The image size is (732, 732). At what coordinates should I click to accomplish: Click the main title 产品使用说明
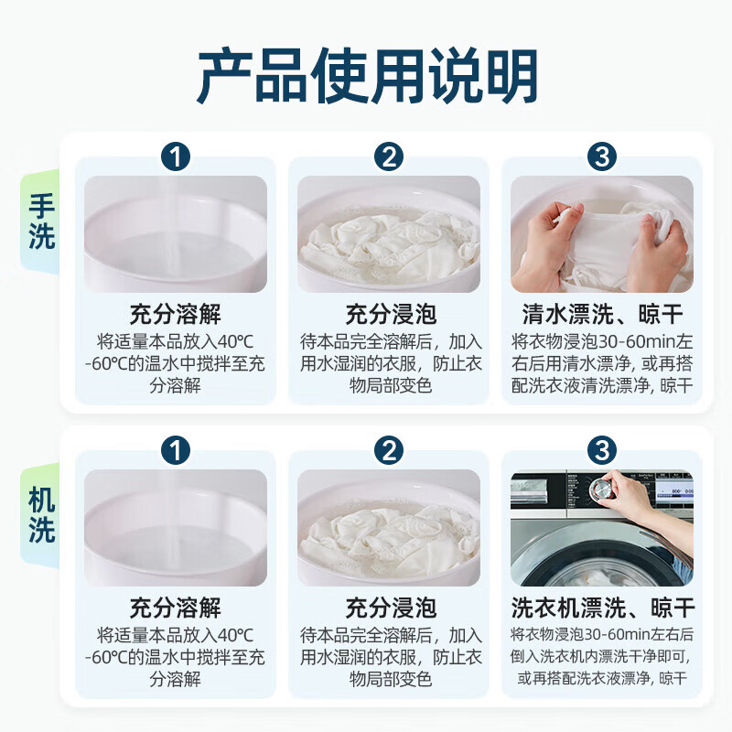(368, 75)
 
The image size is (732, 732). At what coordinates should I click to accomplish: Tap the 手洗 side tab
(41, 221)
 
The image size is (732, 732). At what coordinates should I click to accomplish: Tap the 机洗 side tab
(41, 515)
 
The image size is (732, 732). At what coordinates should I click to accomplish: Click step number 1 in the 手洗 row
(176, 156)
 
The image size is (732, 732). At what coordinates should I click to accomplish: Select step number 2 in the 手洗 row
(388, 156)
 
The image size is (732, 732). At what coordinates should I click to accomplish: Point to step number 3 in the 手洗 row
(602, 156)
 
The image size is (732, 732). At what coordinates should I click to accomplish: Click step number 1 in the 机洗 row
(176, 450)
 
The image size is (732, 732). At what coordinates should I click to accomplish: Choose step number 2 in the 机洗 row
(388, 450)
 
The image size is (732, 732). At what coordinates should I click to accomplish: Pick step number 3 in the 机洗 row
(602, 450)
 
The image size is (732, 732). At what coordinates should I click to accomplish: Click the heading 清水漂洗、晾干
(602, 314)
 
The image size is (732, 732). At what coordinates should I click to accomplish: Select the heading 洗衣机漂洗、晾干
(602, 608)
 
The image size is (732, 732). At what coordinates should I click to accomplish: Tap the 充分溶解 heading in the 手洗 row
(176, 314)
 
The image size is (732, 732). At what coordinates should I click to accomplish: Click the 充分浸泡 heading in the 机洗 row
(391, 608)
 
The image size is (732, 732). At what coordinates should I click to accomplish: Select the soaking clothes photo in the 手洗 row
(389, 234)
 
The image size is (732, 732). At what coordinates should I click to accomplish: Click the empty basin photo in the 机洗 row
(176, 528)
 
